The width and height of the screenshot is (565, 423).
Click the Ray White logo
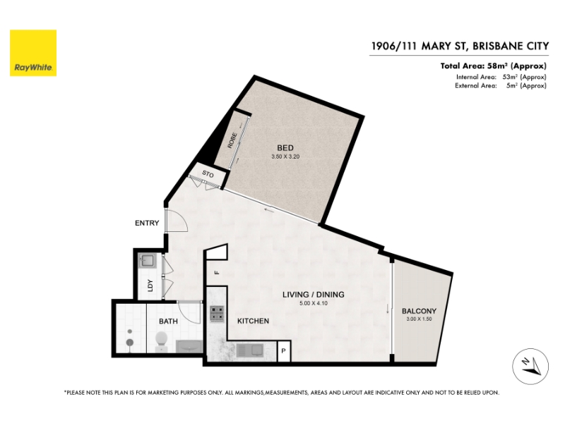[33, 53]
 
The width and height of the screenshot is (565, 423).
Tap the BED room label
[285, 148]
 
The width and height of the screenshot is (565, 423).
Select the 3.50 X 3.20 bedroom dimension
[285, 157]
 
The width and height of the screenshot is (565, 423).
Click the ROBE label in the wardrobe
[232, 140]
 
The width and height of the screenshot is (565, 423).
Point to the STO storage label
[208, 174]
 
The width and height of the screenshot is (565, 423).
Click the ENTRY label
[147, 223]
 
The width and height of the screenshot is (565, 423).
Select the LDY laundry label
[150, 286]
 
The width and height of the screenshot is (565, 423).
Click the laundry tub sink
[147, 261]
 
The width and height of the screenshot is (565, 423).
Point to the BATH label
[168, 321]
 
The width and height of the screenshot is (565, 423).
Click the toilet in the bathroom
[161, 341]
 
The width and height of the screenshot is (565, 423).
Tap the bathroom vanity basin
[189, 346]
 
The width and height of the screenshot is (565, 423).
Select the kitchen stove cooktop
[217, 313]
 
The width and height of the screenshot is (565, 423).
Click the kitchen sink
[250, 350]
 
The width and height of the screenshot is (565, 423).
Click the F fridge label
[217, 273]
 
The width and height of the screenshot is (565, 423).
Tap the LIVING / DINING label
[314, 295]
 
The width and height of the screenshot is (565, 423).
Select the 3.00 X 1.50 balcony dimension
[419, 319]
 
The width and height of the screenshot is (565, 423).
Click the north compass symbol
[530, 367]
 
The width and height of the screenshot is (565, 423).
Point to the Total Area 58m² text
[493, 66]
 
